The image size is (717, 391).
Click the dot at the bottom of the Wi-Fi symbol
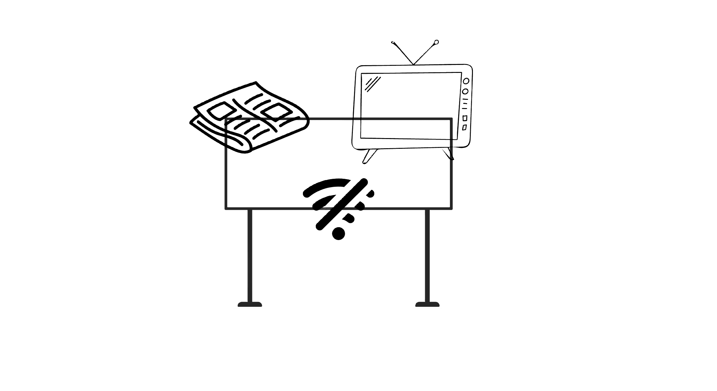coord(338,234)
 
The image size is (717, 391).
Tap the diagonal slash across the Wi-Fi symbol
coord(342,204)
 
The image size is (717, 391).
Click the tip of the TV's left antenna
coord(393,42)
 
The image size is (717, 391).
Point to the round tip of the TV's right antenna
coord(436,42)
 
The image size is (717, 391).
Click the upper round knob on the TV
coord(466,81)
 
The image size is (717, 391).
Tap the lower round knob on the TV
coord(465,91)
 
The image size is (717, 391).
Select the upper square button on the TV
coord(465,118)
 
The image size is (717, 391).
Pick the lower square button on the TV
coord(464,127)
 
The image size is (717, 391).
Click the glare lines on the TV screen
coord(373,83)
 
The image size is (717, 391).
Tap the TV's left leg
coord(368,156)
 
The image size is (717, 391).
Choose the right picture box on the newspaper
coord(275,111)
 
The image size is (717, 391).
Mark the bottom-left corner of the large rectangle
coord(226,209)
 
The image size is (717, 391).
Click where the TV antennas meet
coord(413,64)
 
